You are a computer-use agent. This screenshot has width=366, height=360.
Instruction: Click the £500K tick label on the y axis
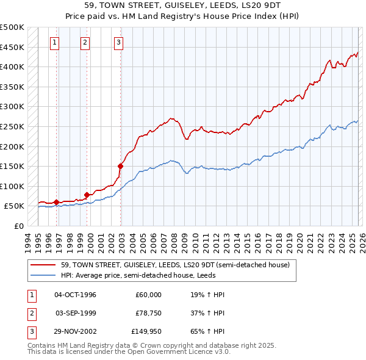tap(12, 27)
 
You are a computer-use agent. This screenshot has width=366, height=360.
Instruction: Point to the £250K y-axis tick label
tap(12, 127)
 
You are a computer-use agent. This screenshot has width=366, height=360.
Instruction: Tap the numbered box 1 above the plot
tap(55, 42)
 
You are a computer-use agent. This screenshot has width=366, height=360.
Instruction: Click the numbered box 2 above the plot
tap(84, 42)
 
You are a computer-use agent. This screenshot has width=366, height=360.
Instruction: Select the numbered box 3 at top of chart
tap(118, 42)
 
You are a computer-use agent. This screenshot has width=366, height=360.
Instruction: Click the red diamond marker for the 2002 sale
tap(121, 165)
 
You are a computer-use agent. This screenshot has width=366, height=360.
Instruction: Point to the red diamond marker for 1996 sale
tap(56, 202)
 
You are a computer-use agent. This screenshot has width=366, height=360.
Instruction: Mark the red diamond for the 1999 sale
tap(87, 195)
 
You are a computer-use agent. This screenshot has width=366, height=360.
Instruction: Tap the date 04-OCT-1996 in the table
tap(76, 295)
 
